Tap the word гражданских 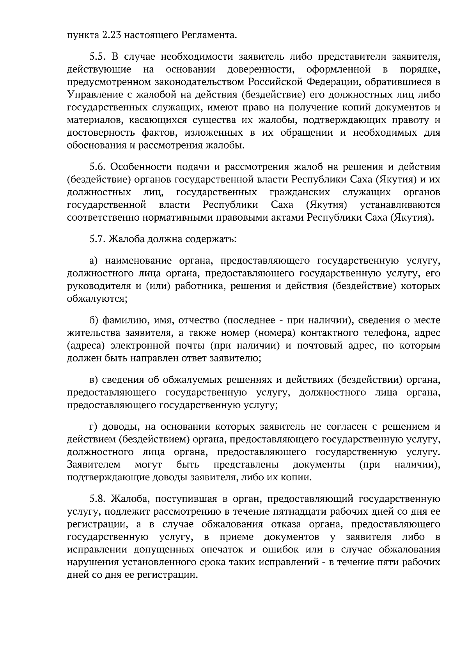pyautogui.click(x=300, y=193)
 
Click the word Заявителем pyautogui.click(x=94, y=465)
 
